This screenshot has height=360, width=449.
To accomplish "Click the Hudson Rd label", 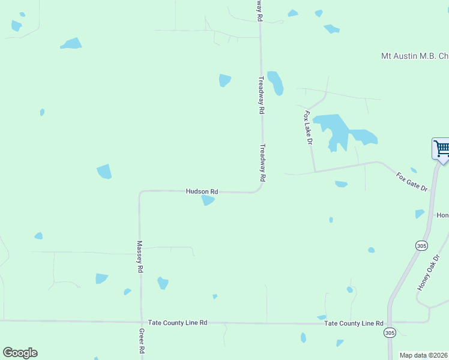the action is pyautogui.click(x=202, y=191).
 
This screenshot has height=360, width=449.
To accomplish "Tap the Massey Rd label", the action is pyautogui.click(x=140, y=257).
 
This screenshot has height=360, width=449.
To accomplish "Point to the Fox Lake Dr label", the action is pyautogui.click(x=309, y=127).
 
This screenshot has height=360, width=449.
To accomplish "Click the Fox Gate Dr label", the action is pyautogui.click(x=412, y=182).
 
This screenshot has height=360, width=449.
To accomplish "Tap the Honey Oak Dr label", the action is pyautogui.click(x=429, y=273).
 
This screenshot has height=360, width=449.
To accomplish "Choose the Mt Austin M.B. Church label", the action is pyautogui.click(x=415, y=56).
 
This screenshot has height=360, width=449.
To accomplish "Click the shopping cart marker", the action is pyautogui.click(x=441, y=148).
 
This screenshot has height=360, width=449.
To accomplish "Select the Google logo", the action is pyautogui.click(x=20, y=352).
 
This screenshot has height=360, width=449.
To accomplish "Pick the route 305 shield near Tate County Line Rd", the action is pyautogui.click(x=390, y=332).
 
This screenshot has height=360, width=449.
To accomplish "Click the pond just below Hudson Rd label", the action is pyautogui.click(x=208, y=200).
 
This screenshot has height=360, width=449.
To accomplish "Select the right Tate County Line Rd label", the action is pyautogui.click(x=354, y=323).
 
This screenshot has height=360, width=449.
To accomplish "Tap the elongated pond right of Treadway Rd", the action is pyautogui.click(x=276, y=83).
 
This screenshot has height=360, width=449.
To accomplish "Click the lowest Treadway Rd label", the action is pyautogui.click(x=262, y=163).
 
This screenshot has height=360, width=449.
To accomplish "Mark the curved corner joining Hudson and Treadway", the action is pyautogui.click(x=258, y=190).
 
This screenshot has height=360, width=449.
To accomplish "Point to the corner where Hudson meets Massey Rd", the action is pyautogui.click(x=141, y=193).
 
